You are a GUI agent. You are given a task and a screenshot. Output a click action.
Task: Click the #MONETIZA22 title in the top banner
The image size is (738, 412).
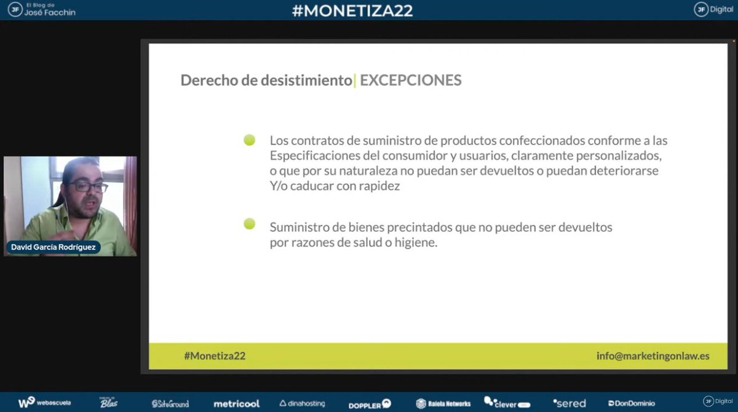352,10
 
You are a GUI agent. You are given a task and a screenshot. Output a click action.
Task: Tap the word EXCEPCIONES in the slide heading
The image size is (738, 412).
410,81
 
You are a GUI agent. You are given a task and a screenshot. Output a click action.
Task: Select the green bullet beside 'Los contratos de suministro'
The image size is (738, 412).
249,140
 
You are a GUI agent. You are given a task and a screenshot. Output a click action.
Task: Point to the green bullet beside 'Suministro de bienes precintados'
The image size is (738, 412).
249,224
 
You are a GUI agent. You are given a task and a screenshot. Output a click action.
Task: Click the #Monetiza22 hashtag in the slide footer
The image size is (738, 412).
215,356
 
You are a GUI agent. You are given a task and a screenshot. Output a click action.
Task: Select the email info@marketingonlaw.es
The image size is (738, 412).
653,356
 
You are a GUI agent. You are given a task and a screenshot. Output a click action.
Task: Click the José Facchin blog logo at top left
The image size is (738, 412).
42,9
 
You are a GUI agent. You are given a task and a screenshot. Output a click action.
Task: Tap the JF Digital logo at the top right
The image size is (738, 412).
713,9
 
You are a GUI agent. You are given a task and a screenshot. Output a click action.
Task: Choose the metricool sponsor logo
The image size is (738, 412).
236,403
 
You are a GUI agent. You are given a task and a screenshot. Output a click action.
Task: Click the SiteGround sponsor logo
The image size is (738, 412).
170,403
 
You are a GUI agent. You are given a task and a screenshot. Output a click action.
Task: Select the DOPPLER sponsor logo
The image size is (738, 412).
370,404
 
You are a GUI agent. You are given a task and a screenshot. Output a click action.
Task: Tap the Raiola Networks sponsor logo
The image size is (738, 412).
443,403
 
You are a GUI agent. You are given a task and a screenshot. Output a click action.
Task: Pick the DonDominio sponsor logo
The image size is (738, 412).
632,403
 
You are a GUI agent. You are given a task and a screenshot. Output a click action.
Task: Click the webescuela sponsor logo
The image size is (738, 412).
44,403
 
